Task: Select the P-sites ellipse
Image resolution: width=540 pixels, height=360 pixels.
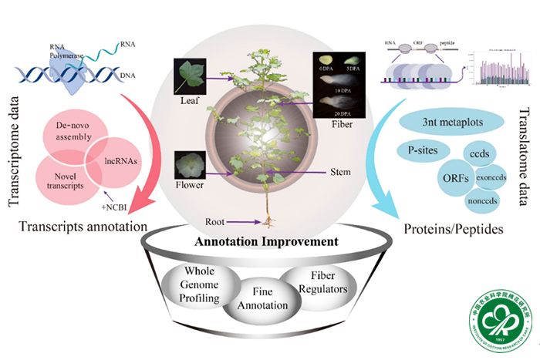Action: pos(420,148)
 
